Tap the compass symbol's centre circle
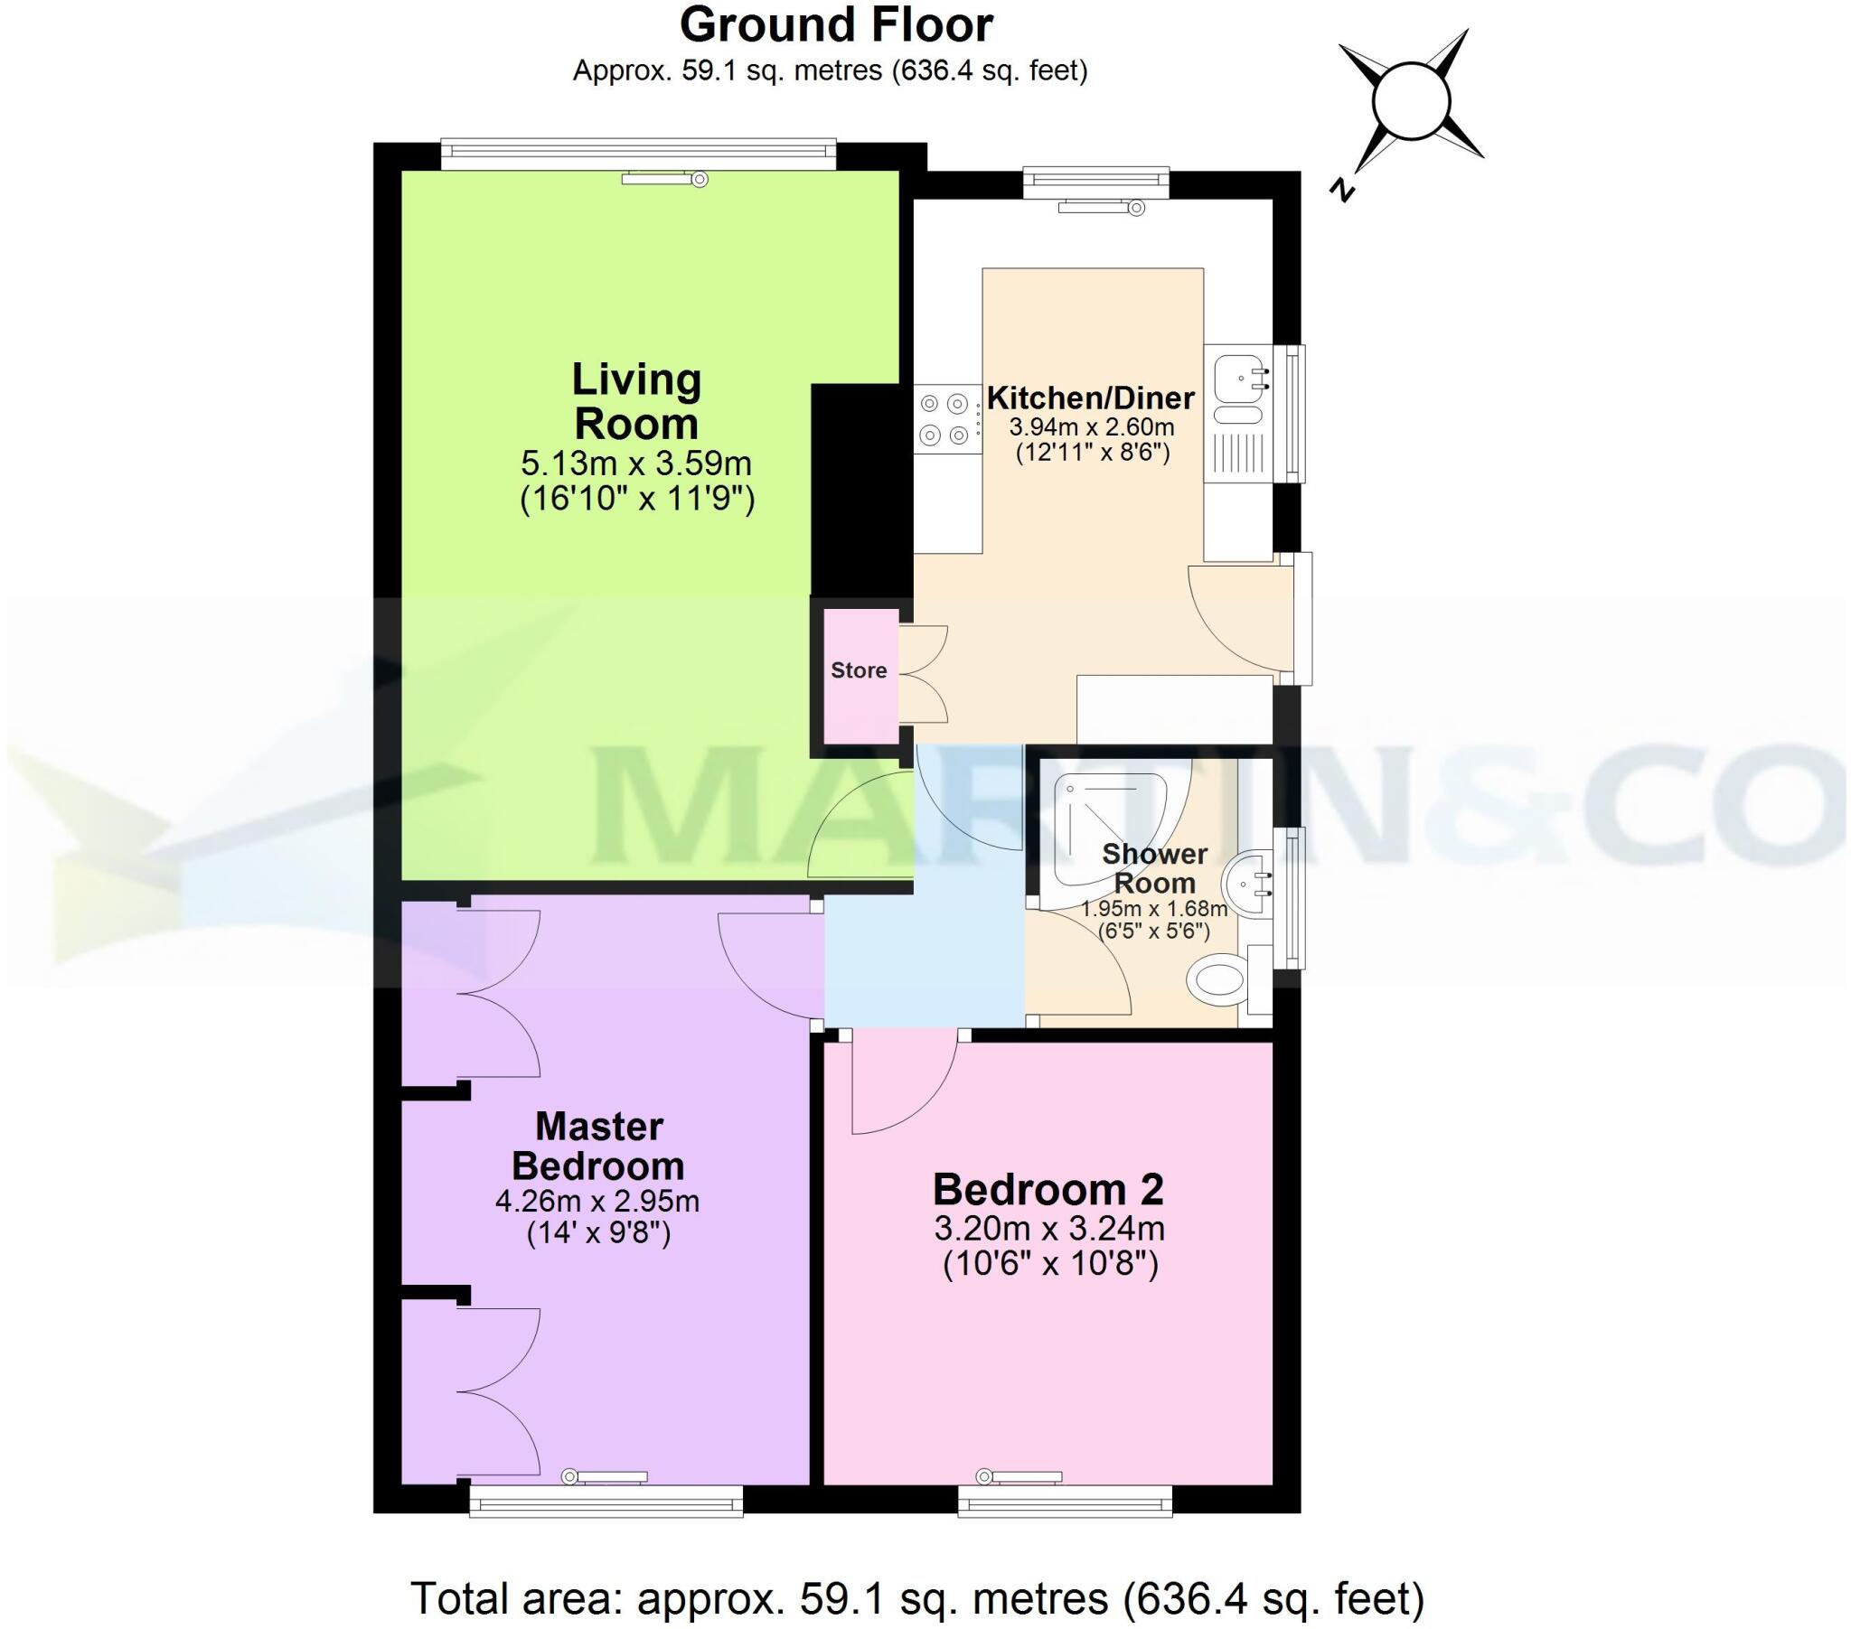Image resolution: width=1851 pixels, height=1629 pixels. (1411, 101)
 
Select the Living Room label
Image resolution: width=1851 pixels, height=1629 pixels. (635, 401)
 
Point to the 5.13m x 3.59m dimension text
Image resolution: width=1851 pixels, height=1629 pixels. (635, 464)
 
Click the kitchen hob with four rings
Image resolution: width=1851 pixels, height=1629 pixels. (946, 419)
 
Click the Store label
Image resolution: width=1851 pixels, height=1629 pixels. (859, 671)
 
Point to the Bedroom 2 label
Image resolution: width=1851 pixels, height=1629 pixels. (1048, 1190)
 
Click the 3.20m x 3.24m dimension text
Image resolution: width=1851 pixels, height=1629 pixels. (1048, 1230)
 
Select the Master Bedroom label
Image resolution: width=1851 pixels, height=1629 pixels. (598, 1147)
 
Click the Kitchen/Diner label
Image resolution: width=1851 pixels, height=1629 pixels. (1090, 398)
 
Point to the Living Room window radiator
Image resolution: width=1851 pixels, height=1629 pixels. (663, 180)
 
